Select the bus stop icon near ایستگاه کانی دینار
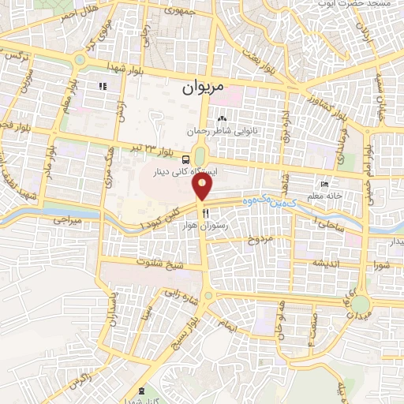point(185,157)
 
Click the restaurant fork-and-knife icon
point(205,213)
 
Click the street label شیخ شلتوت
point(160,262)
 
